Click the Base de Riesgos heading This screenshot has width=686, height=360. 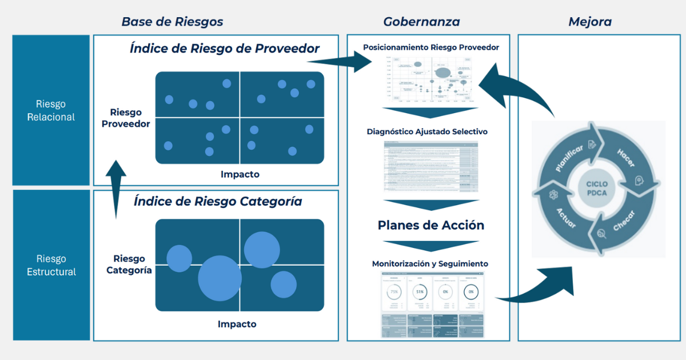pyautogui.click(x=172, y=22)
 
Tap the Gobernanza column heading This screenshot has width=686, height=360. pyautogui.click(x=421, y=22)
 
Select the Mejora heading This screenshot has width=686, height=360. pyautogui.click(x=590, y=22)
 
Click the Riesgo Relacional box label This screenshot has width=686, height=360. pyautogui.click(x=51, y=110)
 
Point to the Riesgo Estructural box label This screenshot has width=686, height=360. pyautogui.click(x=51, y=265)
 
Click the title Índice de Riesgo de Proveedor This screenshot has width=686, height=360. pyautogui.click(x=224, y=49)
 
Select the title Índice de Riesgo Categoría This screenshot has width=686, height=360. pyautogui.click(x=217, y=201)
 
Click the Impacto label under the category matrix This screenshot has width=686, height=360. pyautogui.click(x=237, y=324)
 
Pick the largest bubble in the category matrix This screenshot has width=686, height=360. pyautogui.click(x=221, y=278)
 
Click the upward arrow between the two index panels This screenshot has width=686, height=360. pyautogui.click(x=117, y=189)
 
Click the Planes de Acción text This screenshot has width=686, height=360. pyautogui.click(x=430, y=225)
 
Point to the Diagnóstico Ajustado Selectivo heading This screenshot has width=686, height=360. pyautogui.click(x=426, y=131)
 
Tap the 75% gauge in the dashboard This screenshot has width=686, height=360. pyautogui.click(x=393, y=291)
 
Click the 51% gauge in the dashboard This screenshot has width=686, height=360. pyautogui.click(x=420, y=291)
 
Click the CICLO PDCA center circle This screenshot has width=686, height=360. pyautogui.click(x=597, y=189)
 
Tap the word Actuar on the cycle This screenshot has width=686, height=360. pyautogui.click(x=566, y=217)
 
